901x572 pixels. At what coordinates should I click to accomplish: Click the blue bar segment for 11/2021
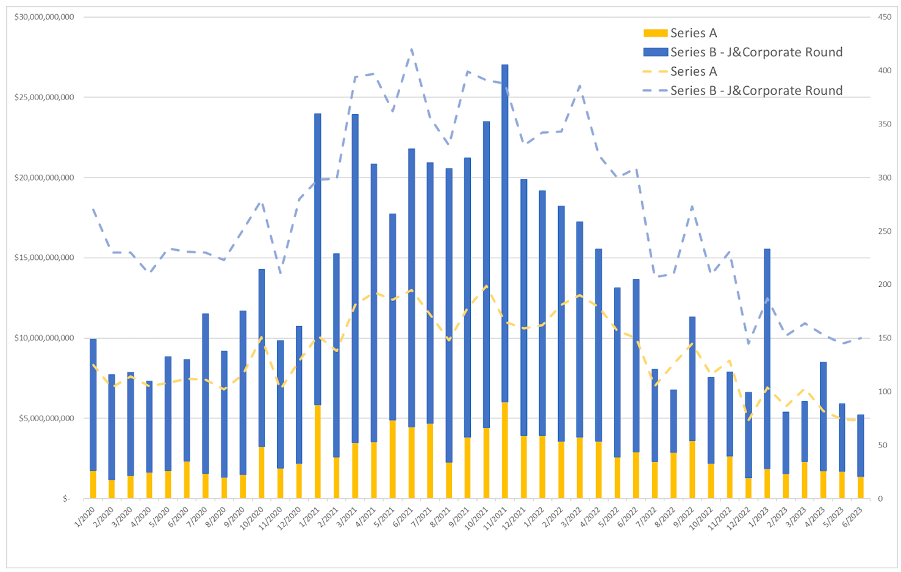[x=504, y=232]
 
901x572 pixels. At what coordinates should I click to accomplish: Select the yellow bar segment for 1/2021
[x=317, y=452]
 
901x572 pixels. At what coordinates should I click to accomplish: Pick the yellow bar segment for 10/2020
[x=262, y=472]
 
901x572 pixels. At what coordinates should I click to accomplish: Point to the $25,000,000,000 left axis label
[x=44, y=97]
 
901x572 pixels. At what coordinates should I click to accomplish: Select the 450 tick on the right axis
[x=885, y=17]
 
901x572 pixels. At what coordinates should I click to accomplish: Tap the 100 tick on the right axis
[x=885, y=391]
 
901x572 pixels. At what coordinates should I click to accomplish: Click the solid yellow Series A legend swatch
[x=655, y=33]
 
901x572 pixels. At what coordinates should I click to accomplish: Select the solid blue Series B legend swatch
[x=655, y=52]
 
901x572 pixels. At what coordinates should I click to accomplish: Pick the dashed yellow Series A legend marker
[x=655, y=71]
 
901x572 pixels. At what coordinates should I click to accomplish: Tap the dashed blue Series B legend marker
[x=655, y=91]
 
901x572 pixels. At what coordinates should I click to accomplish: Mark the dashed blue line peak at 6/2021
[x=412, y=49]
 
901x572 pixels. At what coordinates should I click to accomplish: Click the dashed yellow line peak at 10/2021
[x=486, y=286]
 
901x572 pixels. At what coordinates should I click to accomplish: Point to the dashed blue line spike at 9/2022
[x=692, y=206]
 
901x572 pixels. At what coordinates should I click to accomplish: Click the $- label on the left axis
[x=66, y=499]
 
